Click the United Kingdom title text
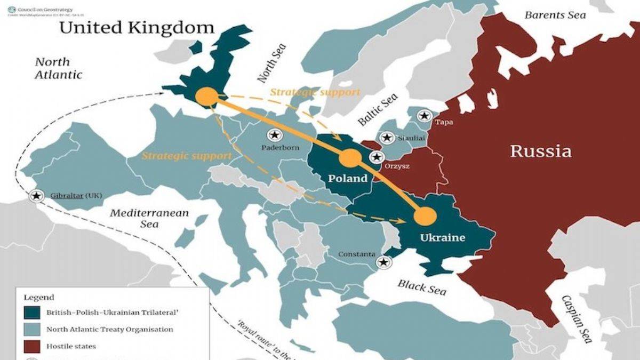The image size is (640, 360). [136, 28]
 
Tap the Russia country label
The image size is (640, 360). [540, 151]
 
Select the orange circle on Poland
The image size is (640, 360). [350, 158]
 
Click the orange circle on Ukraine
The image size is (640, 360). [425, 216]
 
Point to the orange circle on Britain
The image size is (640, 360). [206, 97]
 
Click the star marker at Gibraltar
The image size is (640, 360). [36, 196]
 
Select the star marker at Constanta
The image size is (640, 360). [382, 262]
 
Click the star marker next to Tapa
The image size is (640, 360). [424, 115]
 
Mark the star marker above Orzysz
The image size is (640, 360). [377, 157]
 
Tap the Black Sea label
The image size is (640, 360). [421, 286]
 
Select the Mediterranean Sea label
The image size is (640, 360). [149, 218]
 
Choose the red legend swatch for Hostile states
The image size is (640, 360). [33, 346]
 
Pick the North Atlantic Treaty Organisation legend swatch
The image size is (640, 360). [33, 330]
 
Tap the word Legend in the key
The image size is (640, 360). [38, 297]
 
